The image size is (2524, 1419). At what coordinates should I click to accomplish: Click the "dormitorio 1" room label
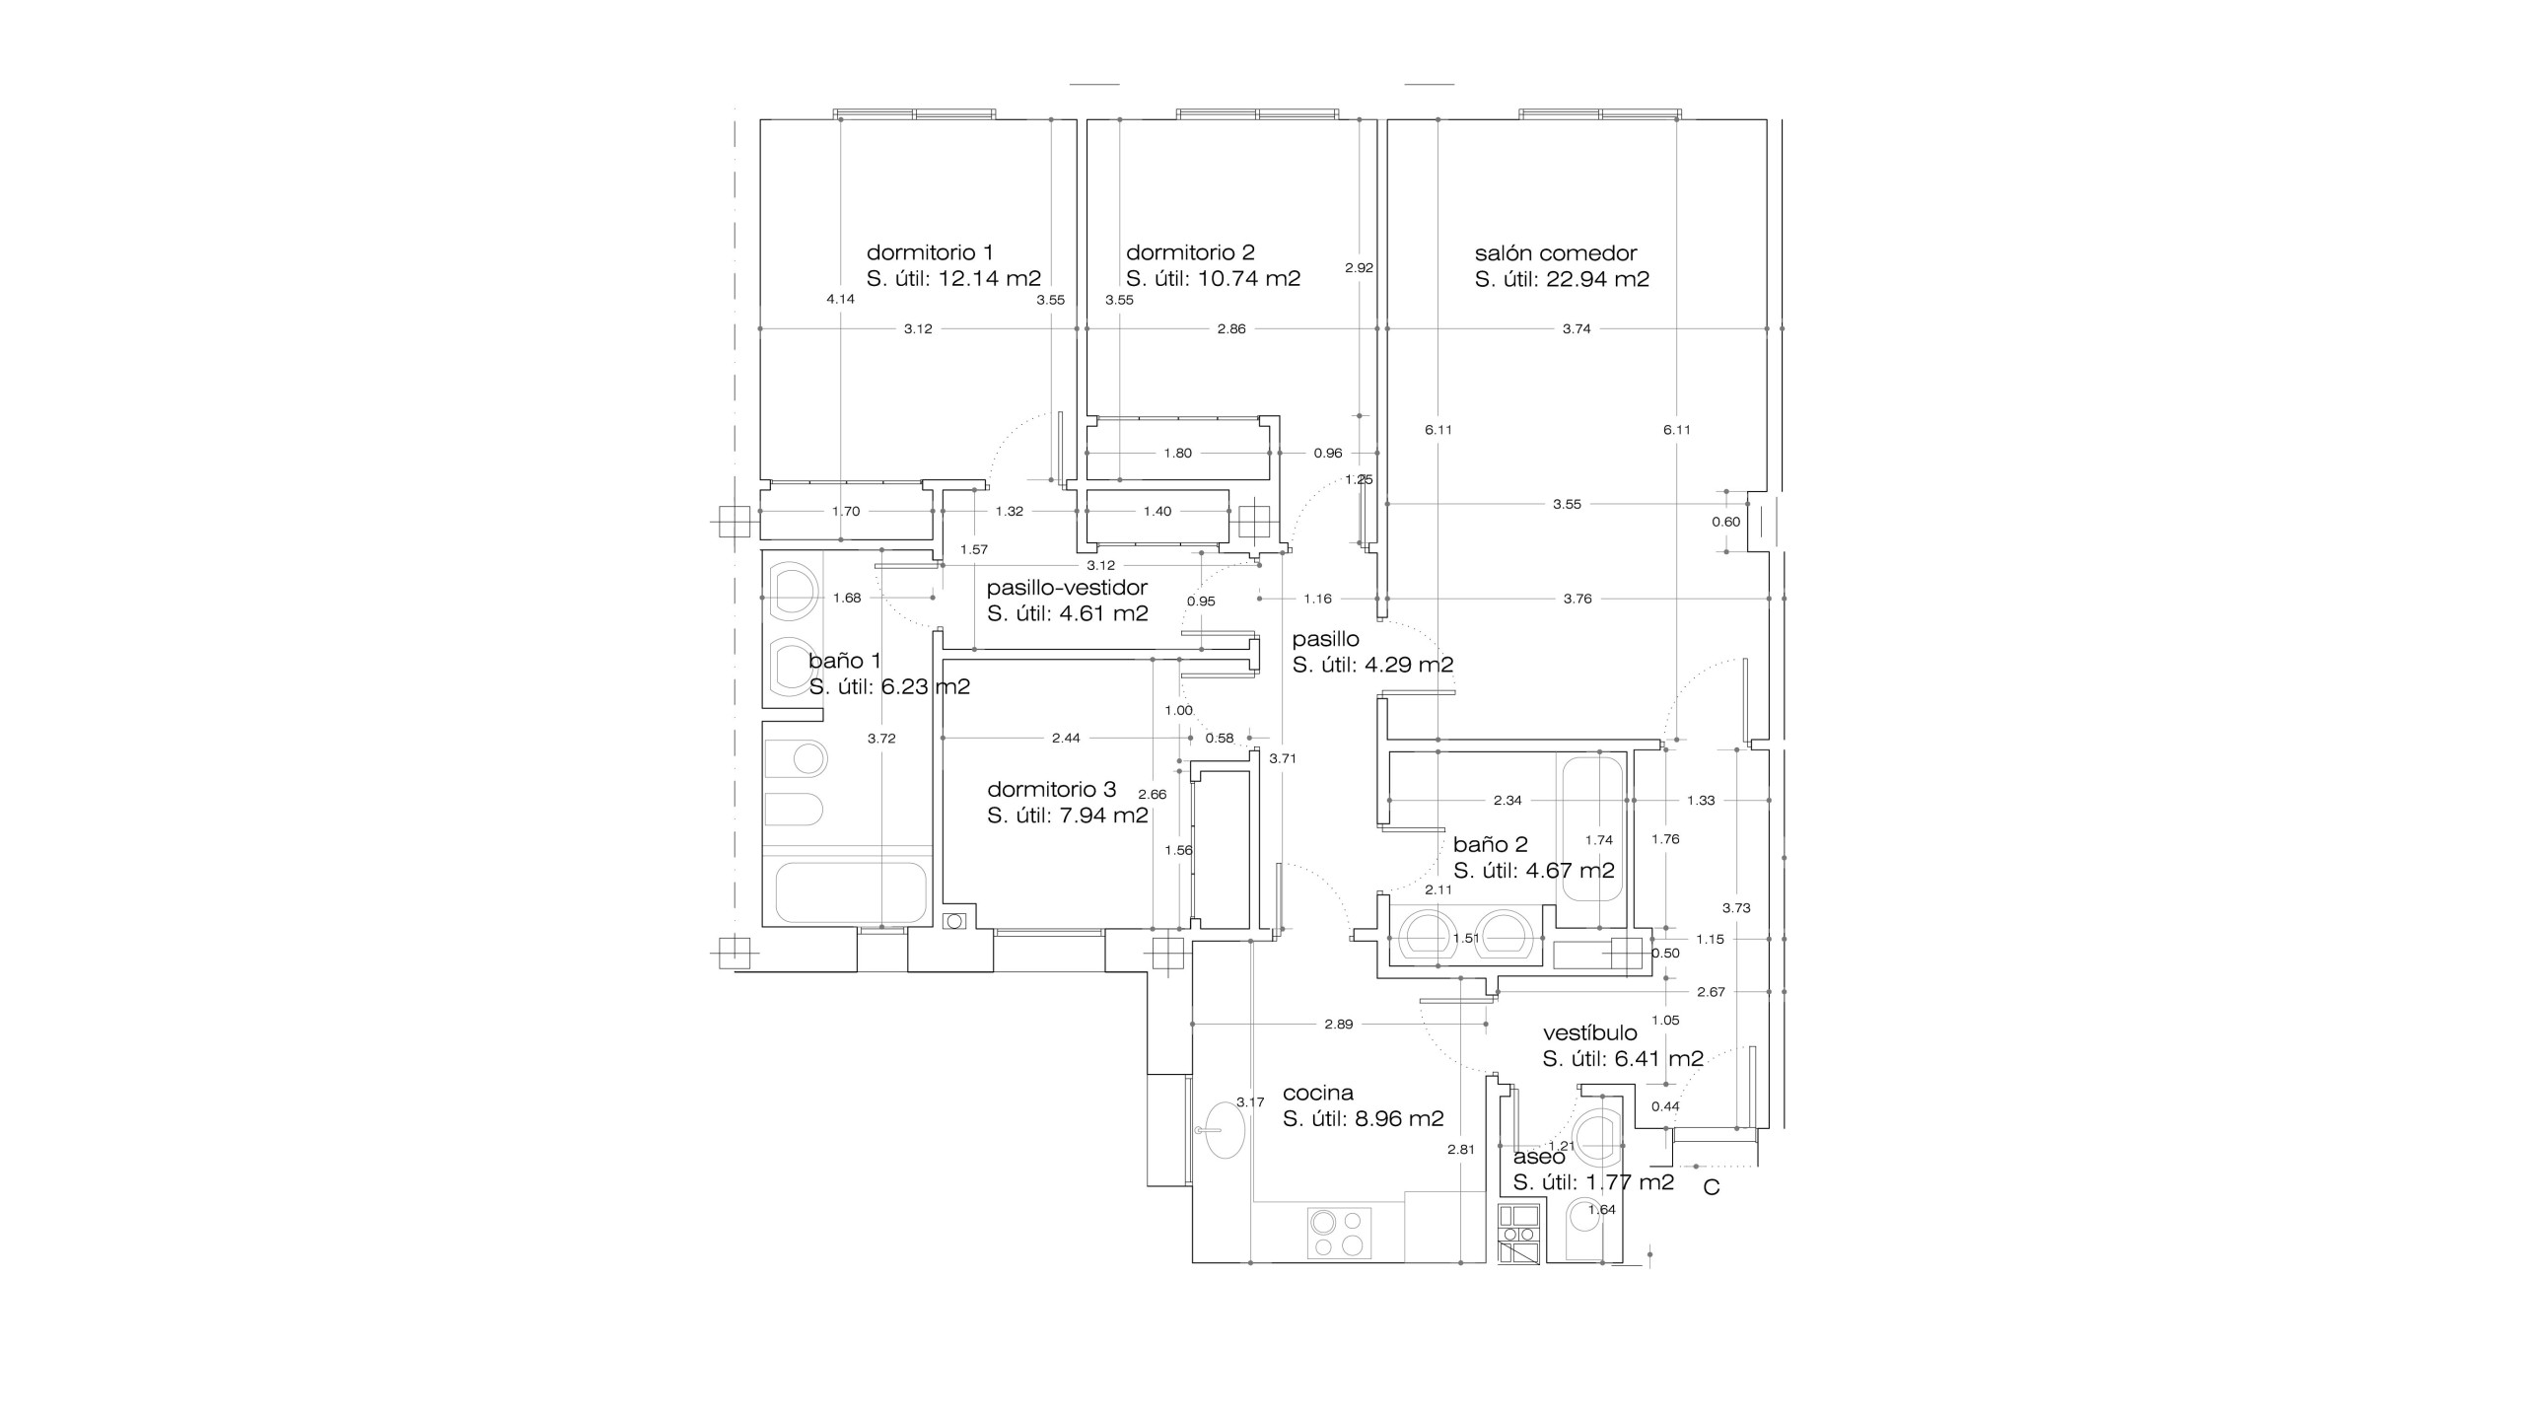pos(930,252)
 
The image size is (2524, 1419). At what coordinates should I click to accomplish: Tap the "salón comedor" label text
pos(1556,252)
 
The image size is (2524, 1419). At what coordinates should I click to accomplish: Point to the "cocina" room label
pos(1318,1093)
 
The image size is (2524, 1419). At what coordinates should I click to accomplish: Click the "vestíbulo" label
pos(1590,1032)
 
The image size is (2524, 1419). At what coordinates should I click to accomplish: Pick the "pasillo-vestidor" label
pos(1067,588)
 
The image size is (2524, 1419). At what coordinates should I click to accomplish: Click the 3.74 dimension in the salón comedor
pos(1577,328)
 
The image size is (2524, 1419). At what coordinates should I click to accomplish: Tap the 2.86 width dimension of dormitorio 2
pos(1231,328)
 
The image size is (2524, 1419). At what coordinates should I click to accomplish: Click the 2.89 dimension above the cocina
pos(1339,1024)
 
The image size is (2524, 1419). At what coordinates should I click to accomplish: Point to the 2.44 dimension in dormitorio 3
pos(1066,738)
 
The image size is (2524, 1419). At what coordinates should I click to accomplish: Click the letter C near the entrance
pos(1712,1188)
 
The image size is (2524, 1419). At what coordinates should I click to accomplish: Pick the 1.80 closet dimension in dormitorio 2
pos(1177,454)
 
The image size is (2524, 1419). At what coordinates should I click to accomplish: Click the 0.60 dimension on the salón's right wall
pos(1726,522)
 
